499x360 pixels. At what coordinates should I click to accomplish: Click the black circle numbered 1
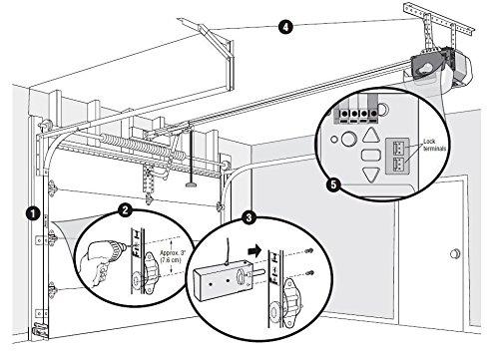pyautogui.click(x=34, y=212)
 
